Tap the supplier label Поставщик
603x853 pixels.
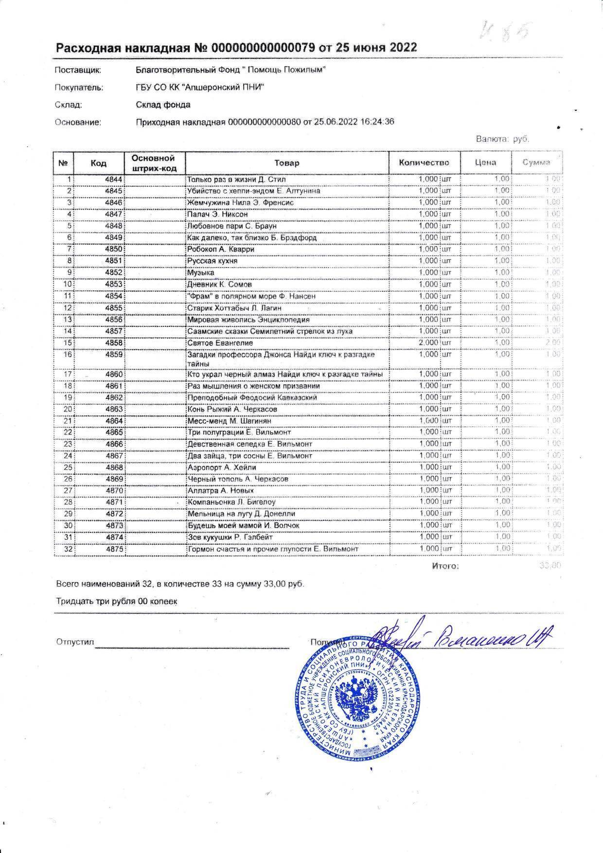pos(78,70)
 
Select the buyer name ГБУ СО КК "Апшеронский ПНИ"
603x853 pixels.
pos(200,88)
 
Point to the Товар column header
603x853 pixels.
pos(287,163)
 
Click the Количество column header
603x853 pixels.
pos(424,163)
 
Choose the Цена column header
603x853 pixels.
pos(485,163)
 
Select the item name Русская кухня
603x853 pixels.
pos(213,261)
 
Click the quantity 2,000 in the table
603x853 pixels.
pos(428,343)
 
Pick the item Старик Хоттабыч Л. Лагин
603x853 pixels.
pos(234,308)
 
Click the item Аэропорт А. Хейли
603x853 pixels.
pos(222,467)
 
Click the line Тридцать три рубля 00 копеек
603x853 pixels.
pos(117,602)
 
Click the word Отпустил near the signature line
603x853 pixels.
pos(74,642)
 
